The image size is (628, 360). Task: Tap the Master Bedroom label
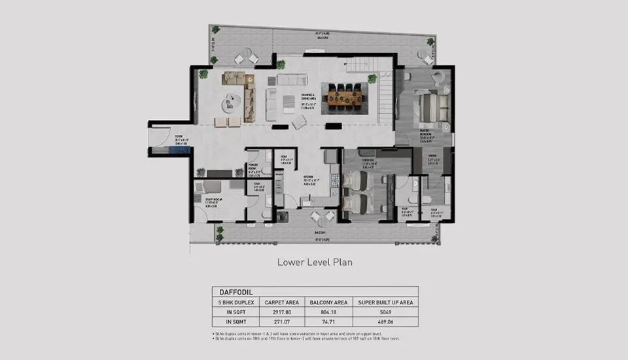pyautogui.click(x=428, y=135)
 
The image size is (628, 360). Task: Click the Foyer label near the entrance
pyautogui.click(x=181, y=138)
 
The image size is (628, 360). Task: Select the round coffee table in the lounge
pyautogui.click(x=233, y=100)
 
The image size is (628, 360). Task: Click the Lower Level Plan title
pyautogui.click(x=315, y=262)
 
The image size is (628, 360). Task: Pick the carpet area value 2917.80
pyautogui.click(x=282, y=313)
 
